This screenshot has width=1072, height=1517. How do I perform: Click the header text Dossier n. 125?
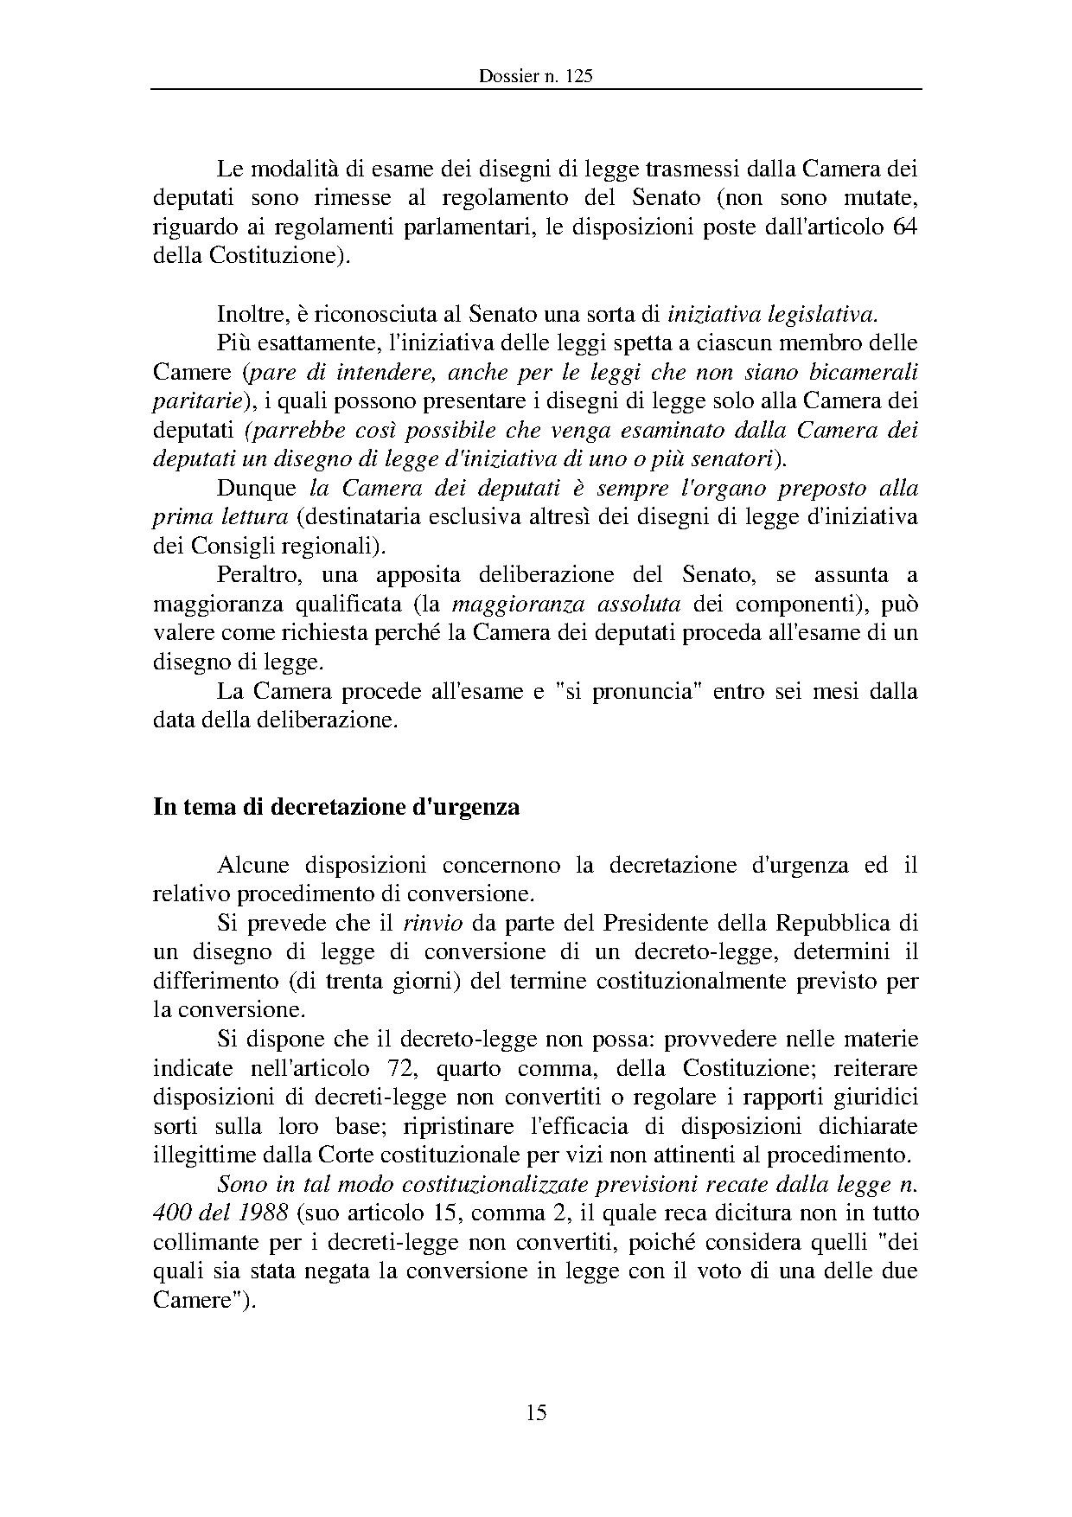tap(535, 76)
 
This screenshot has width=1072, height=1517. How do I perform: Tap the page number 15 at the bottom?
tap(535, 1412)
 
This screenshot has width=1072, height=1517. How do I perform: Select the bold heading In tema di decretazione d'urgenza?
tap(336, 807)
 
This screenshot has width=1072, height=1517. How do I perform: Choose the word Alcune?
tap(251, 865)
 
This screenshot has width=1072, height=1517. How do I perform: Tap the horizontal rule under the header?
tap(535, 89)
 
